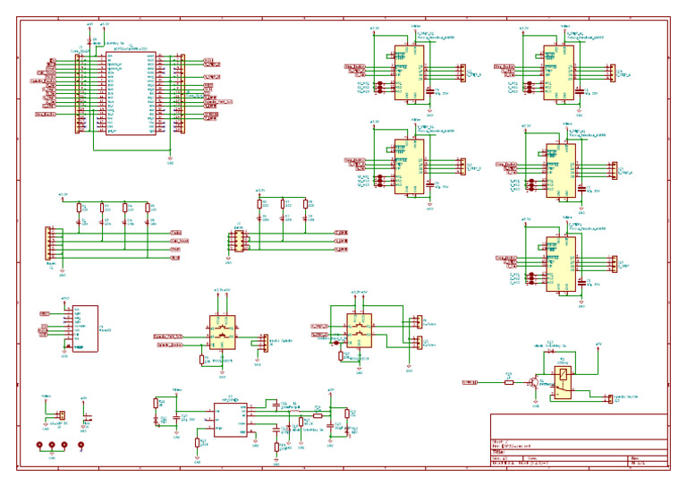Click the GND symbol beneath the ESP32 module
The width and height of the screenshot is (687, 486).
click(171, 159)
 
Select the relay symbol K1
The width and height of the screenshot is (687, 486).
click(563, 382)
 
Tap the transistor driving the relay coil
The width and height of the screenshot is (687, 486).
click(534, 382)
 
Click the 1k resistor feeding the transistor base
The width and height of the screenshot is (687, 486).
click(508, 382)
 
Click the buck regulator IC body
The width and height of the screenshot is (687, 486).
click(230, 417)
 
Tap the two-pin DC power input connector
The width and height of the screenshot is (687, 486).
click(61, 414)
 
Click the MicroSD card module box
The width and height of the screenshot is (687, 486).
click(85, 328)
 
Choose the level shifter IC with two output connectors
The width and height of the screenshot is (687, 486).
click(360, 329)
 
